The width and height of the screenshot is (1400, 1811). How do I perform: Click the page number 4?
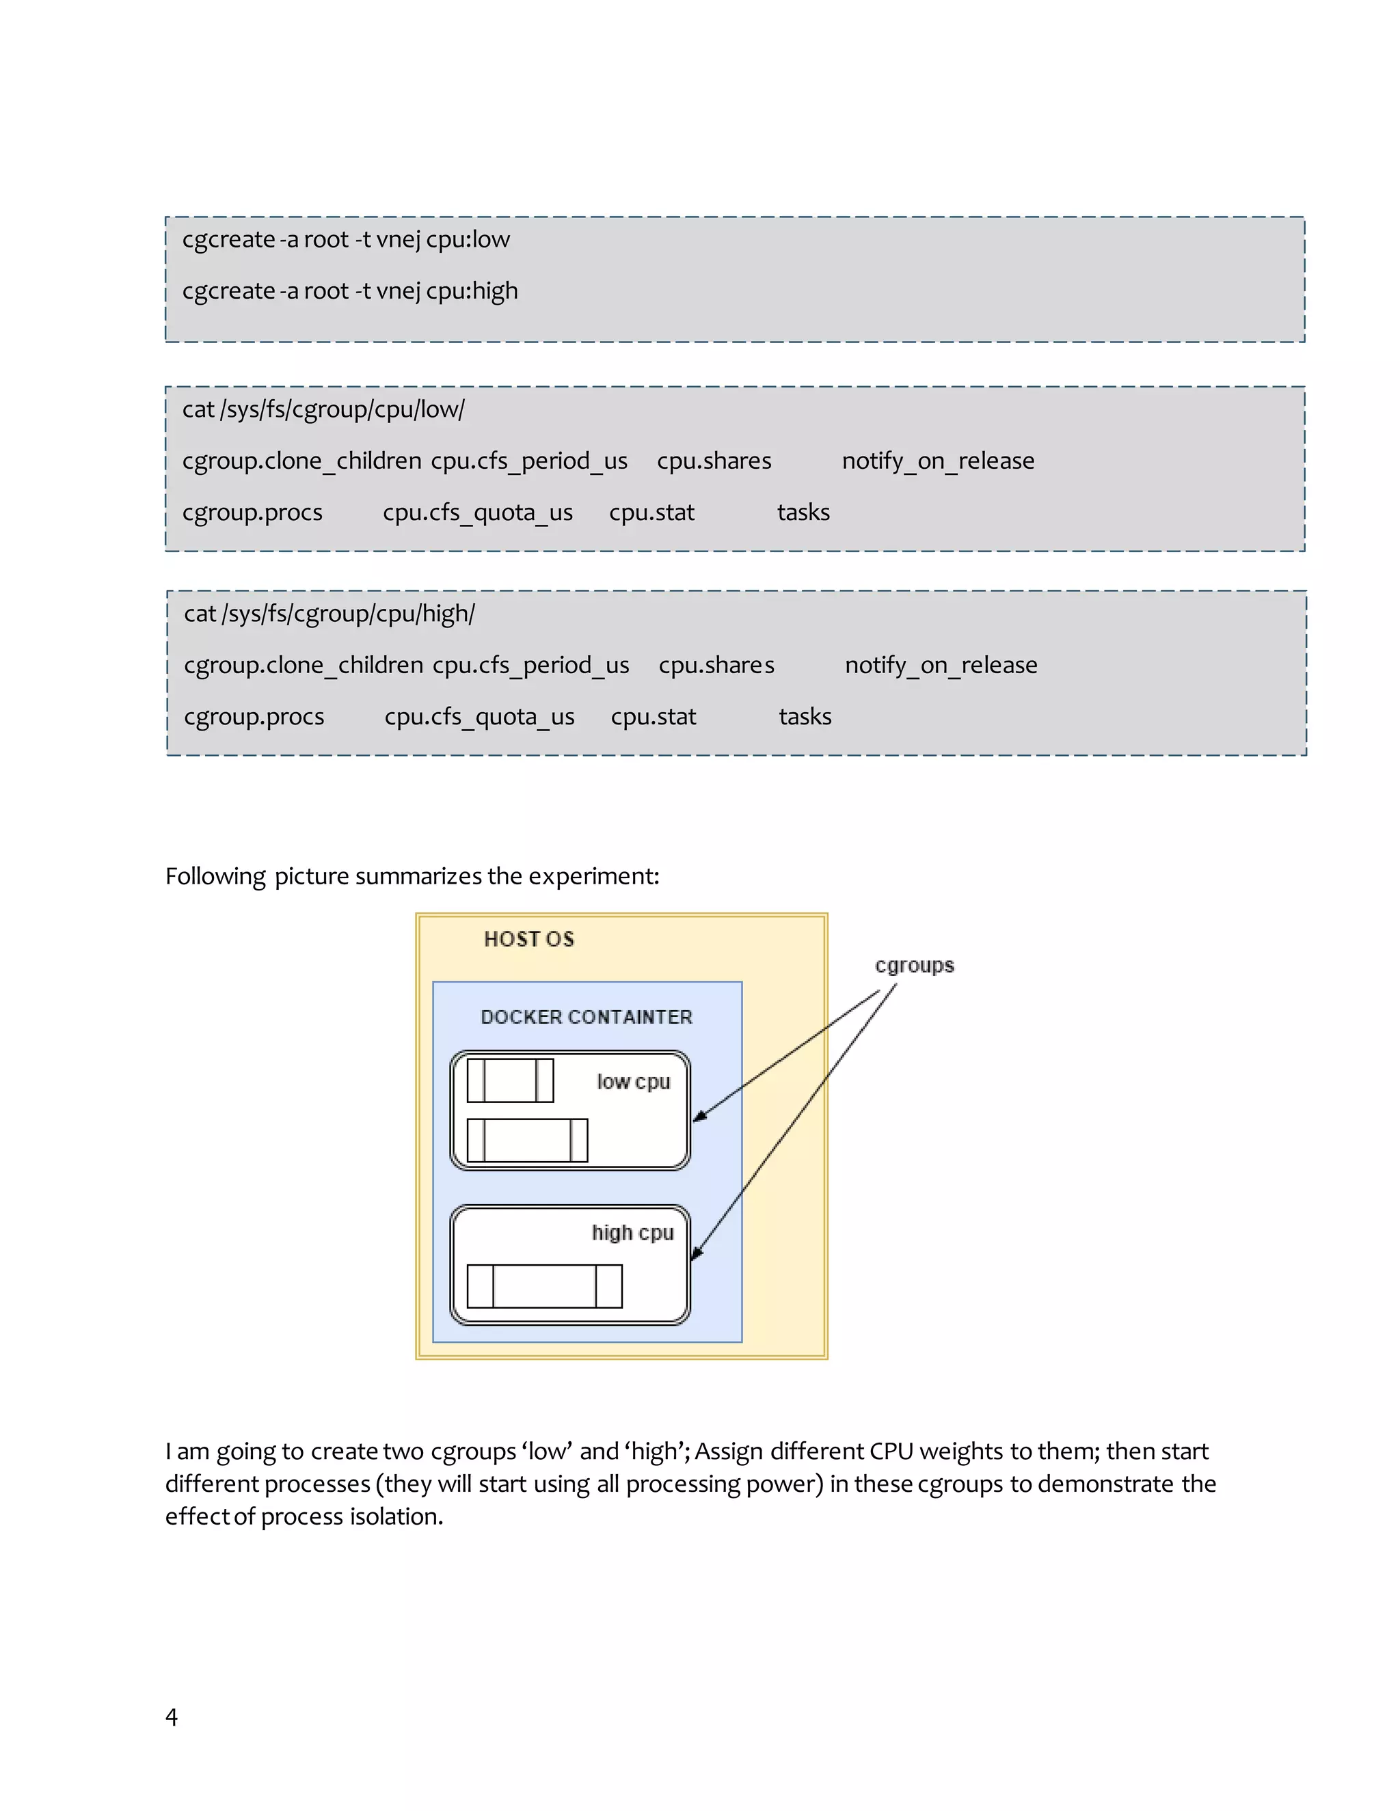point(172,1717)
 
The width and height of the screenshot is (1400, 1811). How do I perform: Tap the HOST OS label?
point(529,939)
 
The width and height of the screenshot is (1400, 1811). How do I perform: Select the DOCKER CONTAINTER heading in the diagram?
point(587,1017)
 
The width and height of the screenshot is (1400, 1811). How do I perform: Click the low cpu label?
point(633,1082)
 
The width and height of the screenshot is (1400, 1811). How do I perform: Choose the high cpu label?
point(632,1233)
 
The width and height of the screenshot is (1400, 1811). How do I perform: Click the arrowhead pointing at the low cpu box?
point(700,1116)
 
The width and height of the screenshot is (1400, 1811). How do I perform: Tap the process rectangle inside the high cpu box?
point(544,1286)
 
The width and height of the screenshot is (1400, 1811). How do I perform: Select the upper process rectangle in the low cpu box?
point(510,1080)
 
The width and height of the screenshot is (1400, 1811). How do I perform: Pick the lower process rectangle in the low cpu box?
point(528,1140)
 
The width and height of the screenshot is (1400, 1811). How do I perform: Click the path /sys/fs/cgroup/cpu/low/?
point(342,409)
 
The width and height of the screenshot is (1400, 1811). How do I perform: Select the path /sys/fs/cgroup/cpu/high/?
point(349,614)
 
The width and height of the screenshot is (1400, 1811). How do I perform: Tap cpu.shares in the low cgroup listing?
point(714,461)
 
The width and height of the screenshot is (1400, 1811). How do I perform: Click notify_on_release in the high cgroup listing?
point(941,665)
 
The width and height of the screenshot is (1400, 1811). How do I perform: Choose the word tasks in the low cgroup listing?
point(803,513)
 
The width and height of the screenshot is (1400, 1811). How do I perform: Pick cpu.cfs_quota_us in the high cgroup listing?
point(479,716)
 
